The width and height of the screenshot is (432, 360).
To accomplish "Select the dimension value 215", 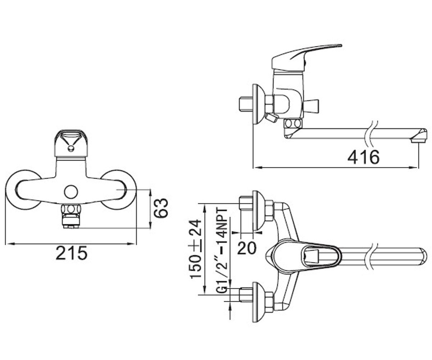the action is pyautogui.click(x=72, y=253).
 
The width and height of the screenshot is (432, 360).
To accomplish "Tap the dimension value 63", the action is pyautogui.click(x=161, y=208).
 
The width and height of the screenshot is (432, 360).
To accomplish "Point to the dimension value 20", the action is pyautogui.click(x=247, y=248).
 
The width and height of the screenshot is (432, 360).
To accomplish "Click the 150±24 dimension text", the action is pyautogui.click(x=195, y=249).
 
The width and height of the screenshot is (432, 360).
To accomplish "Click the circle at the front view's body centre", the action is pyautogui.click(x=71, y=192).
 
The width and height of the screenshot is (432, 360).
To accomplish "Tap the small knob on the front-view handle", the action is pyautogui.click(x=71, y=148).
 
